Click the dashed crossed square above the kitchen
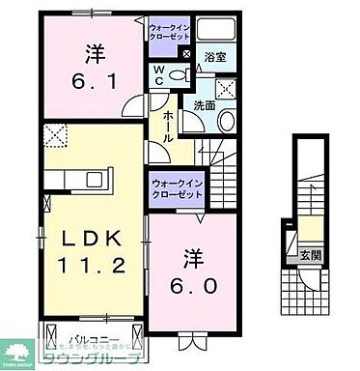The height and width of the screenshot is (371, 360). point(54,136)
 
